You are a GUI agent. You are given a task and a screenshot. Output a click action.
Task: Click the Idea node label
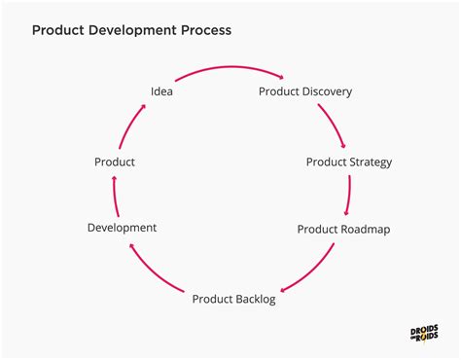tap(161, 91)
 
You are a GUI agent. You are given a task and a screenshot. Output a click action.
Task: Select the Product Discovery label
tap(304, 91)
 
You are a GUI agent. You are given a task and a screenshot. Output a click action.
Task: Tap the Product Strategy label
tap(349, 162)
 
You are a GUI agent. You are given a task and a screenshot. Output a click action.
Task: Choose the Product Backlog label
tap(233, 299)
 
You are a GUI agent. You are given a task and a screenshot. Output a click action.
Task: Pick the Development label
tap(122, 228)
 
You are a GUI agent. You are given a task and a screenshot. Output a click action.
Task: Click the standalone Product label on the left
tap(115, 162)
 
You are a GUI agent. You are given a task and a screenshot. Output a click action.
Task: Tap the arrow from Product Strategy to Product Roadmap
tap(349, 196)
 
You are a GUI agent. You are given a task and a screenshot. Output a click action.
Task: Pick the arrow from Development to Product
tap(115, 195)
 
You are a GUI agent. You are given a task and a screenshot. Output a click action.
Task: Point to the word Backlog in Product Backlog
tap(256, 299)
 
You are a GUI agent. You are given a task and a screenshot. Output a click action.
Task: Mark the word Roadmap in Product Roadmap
tap(366, 231)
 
